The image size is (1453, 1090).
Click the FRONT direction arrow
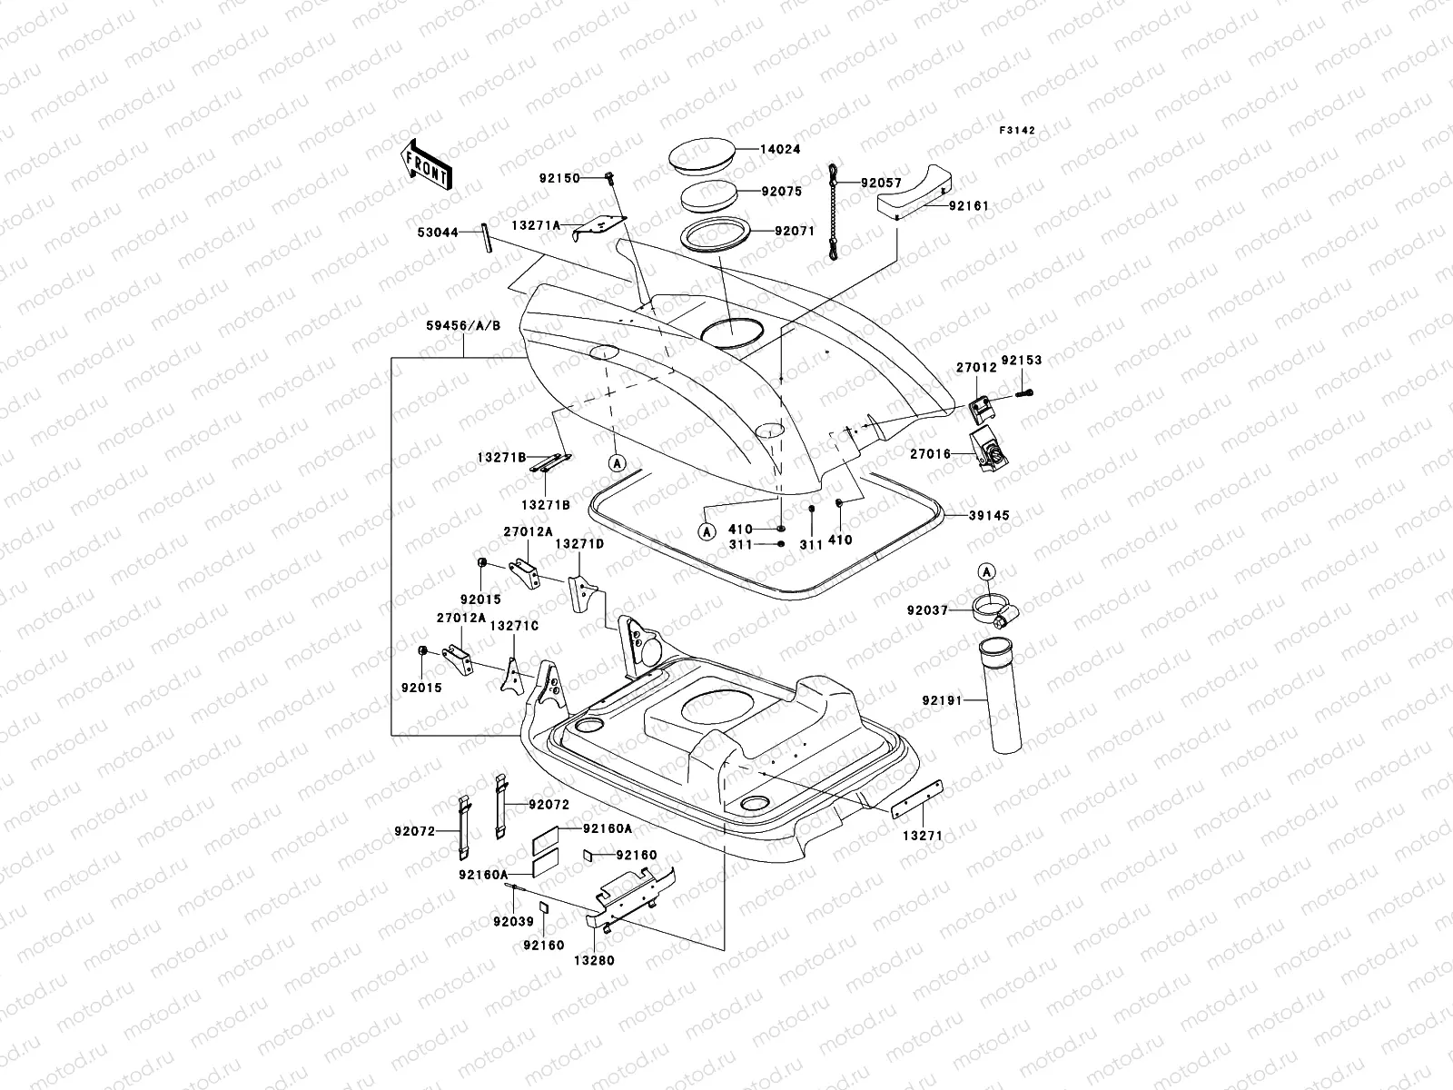(428, 164)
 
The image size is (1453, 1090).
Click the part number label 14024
(780, 149)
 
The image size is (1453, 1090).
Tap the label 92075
(780, 192)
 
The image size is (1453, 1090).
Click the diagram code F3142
(1017, 131)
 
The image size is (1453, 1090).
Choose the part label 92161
(968, 206)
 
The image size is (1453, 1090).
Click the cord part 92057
(835, 213)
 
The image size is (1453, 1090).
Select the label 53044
(437, 233)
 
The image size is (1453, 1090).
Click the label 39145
(988, 515)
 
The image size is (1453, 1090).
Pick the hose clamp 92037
(993, 612)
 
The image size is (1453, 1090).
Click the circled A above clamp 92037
(987, 571)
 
